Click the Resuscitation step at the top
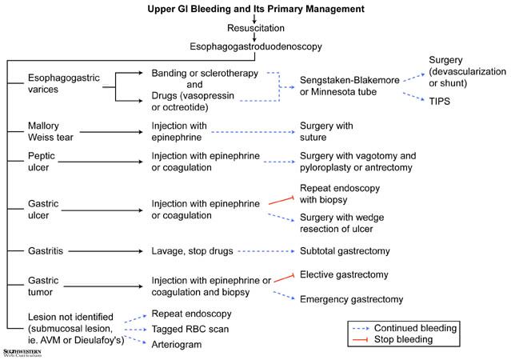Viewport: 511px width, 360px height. pos(256,28)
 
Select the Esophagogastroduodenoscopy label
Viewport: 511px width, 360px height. pos(256,46)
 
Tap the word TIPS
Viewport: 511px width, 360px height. pos(439,101)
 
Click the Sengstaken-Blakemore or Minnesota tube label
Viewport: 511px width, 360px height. pos(349,86)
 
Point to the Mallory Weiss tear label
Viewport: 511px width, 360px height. pos(50,131)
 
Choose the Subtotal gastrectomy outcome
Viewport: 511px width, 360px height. pos(345,251)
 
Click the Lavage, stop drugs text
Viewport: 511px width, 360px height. pos(192,251)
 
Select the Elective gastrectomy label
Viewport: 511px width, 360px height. pos(344,274)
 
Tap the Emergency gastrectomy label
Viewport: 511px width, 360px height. pos(352,299)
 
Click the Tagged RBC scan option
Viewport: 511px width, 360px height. pos(190,329)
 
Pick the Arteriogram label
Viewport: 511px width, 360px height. pos(177,344)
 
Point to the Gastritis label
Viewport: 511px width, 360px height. pos(46,251)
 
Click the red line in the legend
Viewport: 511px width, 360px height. pos(361,340)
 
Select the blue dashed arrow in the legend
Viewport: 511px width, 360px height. pos(361,328)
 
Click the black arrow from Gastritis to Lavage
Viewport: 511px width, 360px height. pos(106,251)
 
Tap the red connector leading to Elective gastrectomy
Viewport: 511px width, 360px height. pos(284,278)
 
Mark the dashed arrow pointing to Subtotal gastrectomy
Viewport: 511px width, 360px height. pos(266,251)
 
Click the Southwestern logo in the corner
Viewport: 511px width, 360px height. pos(22,353)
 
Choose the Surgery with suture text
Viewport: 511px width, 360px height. pos(326,131)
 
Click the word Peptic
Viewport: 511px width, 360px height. pos(42,156)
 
